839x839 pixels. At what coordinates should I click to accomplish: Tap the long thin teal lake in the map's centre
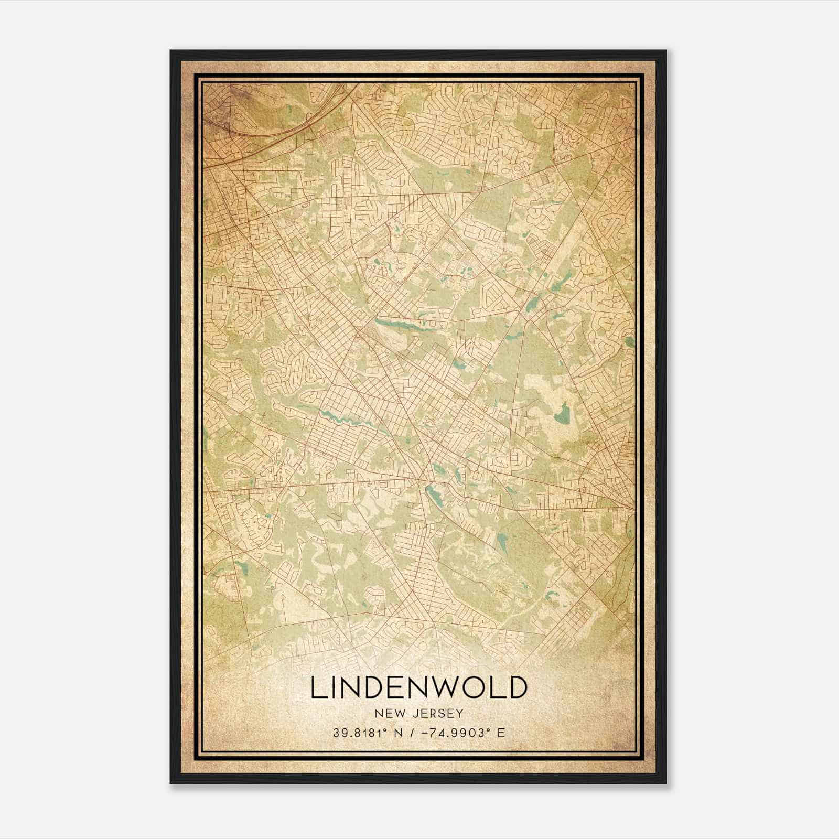pyautogui.click(x=399, y=324)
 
